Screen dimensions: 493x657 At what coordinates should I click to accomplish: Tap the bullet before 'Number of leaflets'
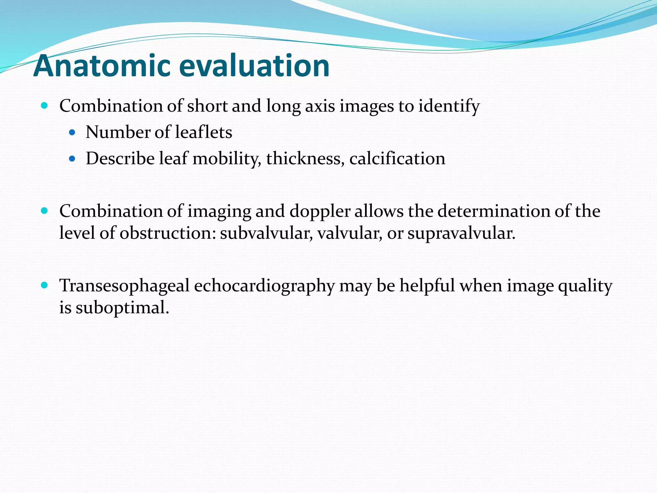pos(72,132)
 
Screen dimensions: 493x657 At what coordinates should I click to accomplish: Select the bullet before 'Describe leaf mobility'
pos(72,159)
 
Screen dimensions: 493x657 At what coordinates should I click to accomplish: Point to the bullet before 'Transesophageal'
pos(45,285)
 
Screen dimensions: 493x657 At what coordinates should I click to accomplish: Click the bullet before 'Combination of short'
pos(45,105)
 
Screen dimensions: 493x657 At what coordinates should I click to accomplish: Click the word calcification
pos(397,159)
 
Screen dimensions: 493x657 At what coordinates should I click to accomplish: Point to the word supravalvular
pos(461,233)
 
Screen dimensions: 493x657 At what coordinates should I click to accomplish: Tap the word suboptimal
pos(122,308)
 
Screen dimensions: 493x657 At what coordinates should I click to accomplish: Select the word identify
pos(449,106)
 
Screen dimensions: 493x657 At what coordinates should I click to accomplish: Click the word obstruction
pos(168,233)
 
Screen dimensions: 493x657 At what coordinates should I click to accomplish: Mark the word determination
pos(499,211)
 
